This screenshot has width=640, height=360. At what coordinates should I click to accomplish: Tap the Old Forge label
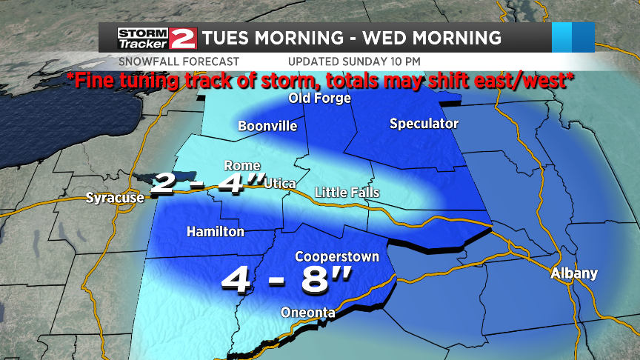(x=319, y=99)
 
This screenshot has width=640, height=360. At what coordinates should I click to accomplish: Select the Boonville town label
(x=267, y=126)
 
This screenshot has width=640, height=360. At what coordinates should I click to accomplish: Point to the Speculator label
(x=424, y=124)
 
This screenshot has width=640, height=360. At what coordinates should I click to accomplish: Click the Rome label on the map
(x=241, y=165)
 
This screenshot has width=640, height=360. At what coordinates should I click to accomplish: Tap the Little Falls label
(x=347, y=193)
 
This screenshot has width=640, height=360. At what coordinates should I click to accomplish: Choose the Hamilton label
(x=215, y=232)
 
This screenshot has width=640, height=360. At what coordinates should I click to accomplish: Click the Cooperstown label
(x=337, y=257)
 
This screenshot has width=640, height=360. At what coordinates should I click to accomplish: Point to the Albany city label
(x=574, y=273)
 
